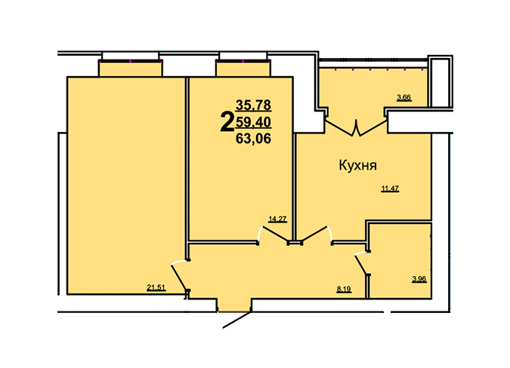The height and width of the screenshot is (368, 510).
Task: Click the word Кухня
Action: pyautogui.click(x=358, y=165)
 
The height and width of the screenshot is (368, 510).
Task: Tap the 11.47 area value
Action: pyautogui.click(x=390, y=189)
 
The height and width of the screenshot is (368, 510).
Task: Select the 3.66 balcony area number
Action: pyautogui.click(x=404, y=97)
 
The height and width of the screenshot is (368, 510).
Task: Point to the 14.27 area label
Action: pyautogui.click(x=277, y=219)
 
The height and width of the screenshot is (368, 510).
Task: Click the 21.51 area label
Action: pyautogui.click(x=156, y=287)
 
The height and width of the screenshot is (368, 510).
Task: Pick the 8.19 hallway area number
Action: pyautogui.click(x=344, y=289)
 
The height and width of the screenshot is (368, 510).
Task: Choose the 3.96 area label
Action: pyautogui.click(x=419, y=279)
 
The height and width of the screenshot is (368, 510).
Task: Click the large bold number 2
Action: pyautogui.click(x=227, y=122)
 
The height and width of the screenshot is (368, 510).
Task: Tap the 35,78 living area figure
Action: pyautogui.click(x=253, y=105)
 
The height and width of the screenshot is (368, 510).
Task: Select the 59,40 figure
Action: pyautogui.click(x=253, y=122)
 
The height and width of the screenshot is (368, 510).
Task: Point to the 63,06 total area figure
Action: pyautogui.click(x=253, y=139)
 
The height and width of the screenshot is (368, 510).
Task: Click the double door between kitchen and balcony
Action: pyautogui.click(x=357, y=127)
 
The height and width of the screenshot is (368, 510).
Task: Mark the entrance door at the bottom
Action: pyautogui.click(x=236, y=320)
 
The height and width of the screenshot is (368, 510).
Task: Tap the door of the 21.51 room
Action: pyautogui.click(x=180, y=277)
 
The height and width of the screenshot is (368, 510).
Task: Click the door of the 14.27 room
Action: pyautogui.click(x=274, y=235)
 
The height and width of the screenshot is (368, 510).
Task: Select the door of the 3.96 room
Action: pyautogui.click(x=362, y=264)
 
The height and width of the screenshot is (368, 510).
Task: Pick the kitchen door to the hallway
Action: pyautogui.click(x=317, y=235)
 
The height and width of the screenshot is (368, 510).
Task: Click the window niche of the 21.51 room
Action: pyautogui.click(x=130, y=69)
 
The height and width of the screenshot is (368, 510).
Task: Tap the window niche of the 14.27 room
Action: pyautogui.click(x=243, y=69)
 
